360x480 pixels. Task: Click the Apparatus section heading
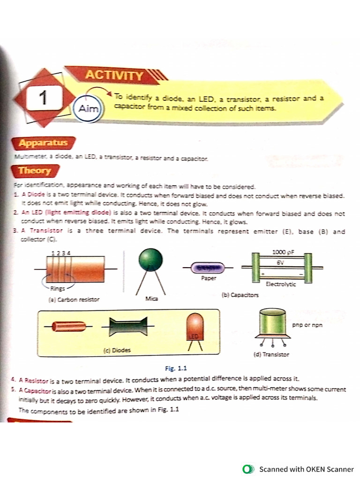(43, 142)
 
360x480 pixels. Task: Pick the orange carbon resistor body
(75, 269)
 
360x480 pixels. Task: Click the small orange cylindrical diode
(68, 326)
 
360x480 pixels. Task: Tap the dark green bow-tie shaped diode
(128, 326)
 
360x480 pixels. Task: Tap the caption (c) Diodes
(117, 350)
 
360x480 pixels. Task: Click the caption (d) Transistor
(271, 354)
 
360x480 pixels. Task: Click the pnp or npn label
(307, 324)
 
